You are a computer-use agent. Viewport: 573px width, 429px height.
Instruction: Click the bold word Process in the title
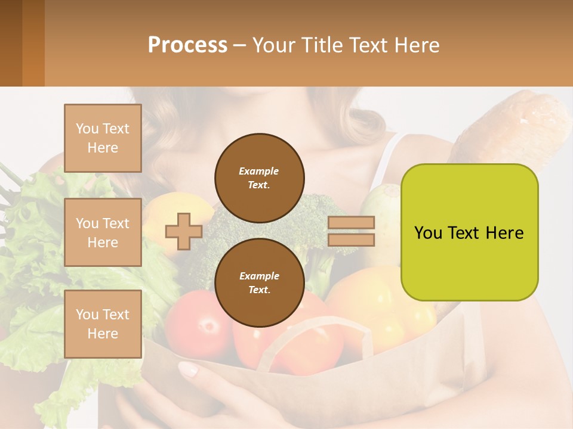click(187, 45)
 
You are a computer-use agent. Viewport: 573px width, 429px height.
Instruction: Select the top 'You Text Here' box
click(103, 138)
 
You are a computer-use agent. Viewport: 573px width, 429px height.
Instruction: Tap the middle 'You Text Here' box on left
click(103, 232)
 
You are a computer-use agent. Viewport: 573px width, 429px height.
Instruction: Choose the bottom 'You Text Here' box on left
click(103, 324)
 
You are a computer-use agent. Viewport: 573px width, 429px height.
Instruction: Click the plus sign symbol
click(184, 231)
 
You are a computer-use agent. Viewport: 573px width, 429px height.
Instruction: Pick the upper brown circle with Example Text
click(259, 178)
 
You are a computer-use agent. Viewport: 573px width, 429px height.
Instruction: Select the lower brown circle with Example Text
click(259, 283)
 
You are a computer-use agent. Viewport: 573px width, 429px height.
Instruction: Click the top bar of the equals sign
click(352, 223)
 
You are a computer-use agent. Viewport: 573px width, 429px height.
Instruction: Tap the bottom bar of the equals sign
click(352, 240)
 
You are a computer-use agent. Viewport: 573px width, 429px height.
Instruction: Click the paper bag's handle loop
click(298, 334)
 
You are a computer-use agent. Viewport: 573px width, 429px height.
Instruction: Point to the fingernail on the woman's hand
click(189, 370)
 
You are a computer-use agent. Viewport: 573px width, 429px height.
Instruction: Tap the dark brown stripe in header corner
click(11, 43)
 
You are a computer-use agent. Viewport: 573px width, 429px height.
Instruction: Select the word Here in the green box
click(504, 233)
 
